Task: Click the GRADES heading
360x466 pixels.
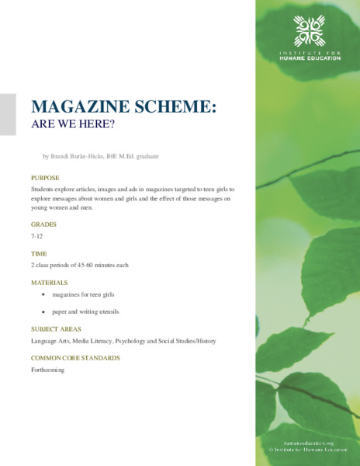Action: (43, 224)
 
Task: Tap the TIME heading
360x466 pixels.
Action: (39, 253)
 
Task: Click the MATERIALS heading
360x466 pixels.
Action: (49, 283)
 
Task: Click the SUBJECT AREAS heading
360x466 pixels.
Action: (57, 329)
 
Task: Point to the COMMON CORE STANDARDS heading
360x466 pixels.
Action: (75, 358)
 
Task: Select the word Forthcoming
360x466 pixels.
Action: (47, 370)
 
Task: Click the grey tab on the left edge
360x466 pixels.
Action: (8, 114)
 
